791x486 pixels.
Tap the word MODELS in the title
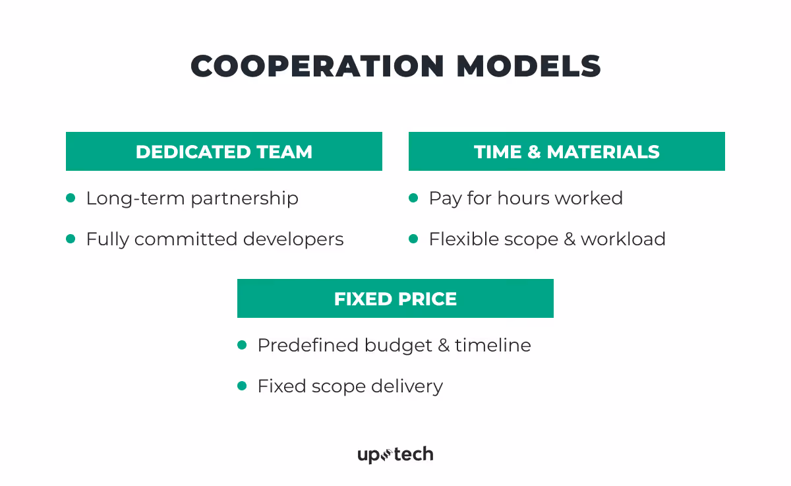(x=529, y=67)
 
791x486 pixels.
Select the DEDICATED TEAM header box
(x=224, y=152)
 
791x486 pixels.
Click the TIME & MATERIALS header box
(x=567, y=152)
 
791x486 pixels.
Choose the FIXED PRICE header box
(x=395, y=299)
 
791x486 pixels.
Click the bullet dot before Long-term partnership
(x=71, y=198)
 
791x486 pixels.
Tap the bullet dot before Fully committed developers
(x=71, y=239)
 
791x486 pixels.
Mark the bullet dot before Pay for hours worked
(x=413, y=198)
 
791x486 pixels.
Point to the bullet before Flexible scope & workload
(x=413, y=239)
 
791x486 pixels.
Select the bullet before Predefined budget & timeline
(x=242, y=345)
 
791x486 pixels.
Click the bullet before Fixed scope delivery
(x=242, y=386)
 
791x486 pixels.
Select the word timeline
(x=493, y=346)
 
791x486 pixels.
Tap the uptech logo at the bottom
(x=395, y=454)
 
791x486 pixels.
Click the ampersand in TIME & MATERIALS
(x=533, y=152)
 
